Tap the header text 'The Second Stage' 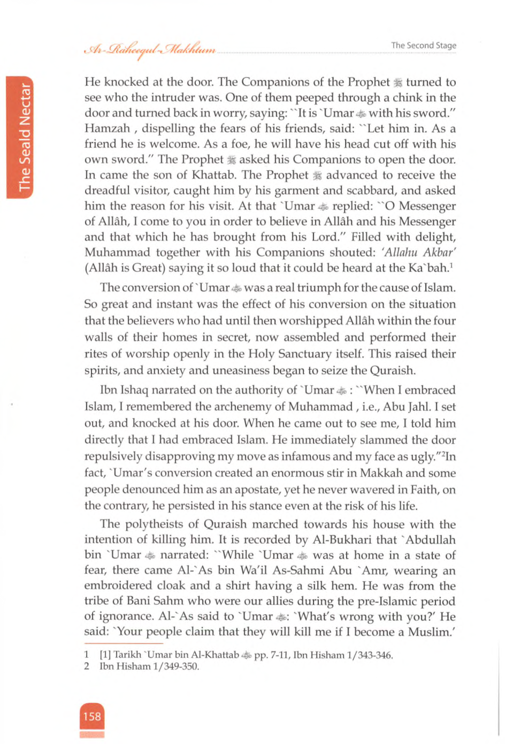tap(423, 45)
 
